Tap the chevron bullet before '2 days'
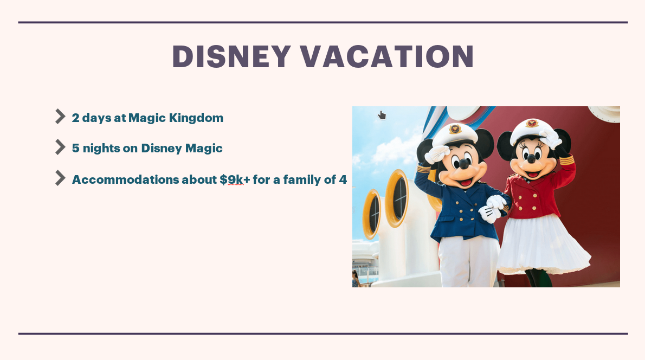[x=60, y=117]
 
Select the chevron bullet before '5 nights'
[x=60, y=147]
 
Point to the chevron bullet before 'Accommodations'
[x=60, y=178]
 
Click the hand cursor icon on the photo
[x=382, y=115]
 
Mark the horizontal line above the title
[x=322, y=23]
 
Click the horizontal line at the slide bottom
[x=322, y=333]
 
